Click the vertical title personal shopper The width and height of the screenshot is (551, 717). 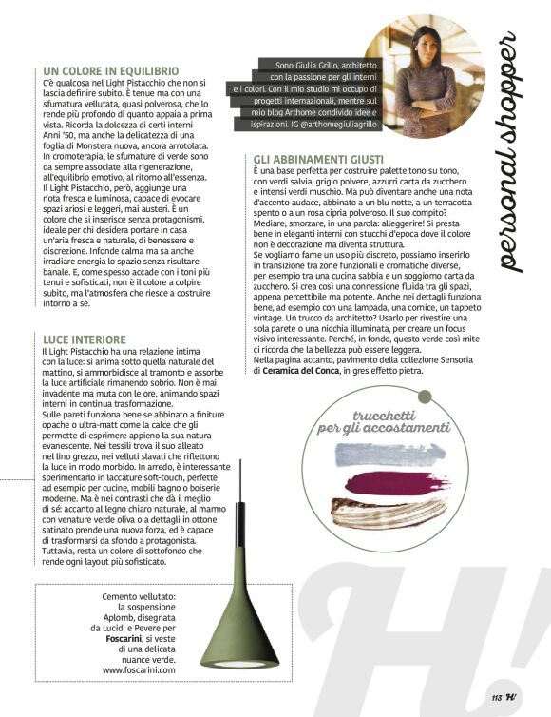pyautogui.click(x=512, y=152)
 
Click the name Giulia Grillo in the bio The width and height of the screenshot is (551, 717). pyautogui.click(x=313, y=65)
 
